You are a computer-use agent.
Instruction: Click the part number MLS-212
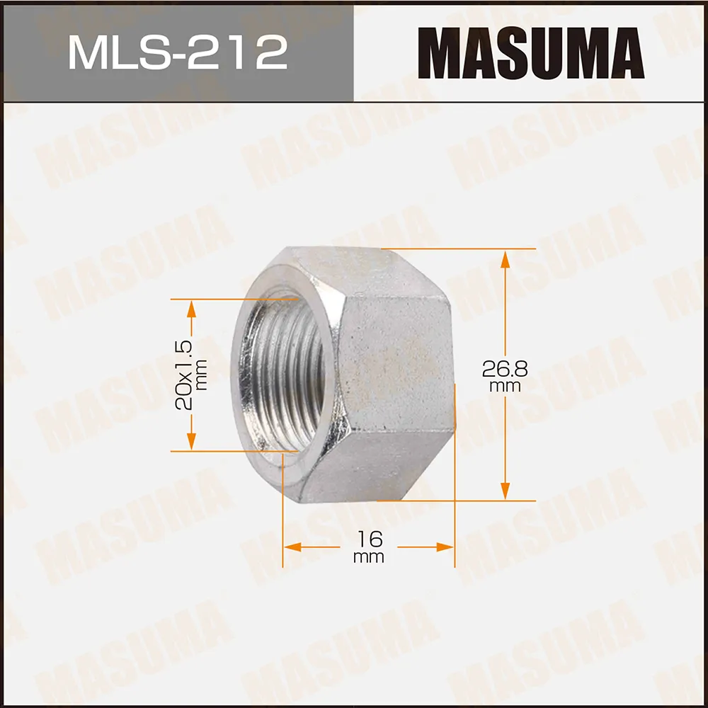tap(178, 53)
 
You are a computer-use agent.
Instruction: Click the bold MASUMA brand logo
tap(531, 53)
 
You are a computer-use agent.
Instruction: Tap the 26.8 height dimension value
tap(505, 369)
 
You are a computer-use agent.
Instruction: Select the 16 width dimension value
tap(370, 539)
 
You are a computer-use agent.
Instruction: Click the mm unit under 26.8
tap(506, 387)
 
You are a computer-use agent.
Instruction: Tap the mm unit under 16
tap(369, 557)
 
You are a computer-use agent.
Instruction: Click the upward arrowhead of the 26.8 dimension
tap(506, 259)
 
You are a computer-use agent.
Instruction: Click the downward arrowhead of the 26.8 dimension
tap(506, 491)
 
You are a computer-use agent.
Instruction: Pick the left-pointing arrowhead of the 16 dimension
tap(292, 547)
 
